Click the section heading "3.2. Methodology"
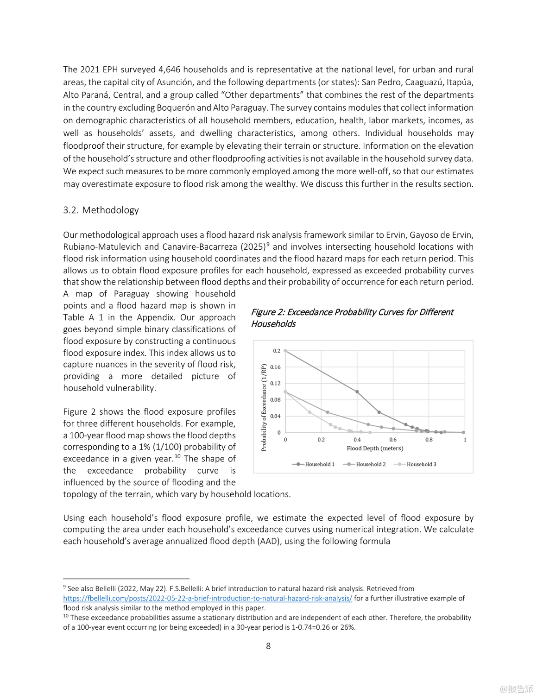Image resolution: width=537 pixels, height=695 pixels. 101,210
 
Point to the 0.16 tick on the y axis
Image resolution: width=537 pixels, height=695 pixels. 275,367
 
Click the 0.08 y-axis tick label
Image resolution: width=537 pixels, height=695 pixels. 275,400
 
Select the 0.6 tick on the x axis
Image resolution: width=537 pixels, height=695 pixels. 393,440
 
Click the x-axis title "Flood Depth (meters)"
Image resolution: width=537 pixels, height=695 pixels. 375,449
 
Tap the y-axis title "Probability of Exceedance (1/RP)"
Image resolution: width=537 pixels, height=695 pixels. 264,407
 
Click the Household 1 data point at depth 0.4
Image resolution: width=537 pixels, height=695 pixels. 357,392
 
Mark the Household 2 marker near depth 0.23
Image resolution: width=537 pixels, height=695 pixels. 328,412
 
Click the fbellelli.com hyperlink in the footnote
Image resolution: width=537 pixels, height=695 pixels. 208,598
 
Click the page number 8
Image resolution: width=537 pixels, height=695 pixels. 268,646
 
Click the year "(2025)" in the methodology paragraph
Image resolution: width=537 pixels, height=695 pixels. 253,247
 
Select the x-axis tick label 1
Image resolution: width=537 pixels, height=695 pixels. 465,440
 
